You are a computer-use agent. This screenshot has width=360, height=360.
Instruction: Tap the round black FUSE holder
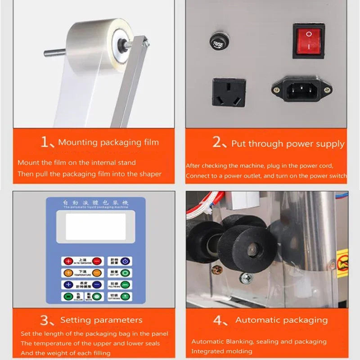coord(217,41)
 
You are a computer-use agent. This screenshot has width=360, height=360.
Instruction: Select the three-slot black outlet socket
coord(229,92)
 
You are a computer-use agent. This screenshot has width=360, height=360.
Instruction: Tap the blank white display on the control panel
coord(95,226)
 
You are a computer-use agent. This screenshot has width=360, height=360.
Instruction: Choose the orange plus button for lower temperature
coord(68,273)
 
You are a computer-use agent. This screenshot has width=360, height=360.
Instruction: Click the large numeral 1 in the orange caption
coord(45,142)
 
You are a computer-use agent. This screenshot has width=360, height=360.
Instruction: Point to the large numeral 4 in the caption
coord(217,320)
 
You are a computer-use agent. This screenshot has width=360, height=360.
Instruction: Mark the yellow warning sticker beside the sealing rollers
coord(342,263)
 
